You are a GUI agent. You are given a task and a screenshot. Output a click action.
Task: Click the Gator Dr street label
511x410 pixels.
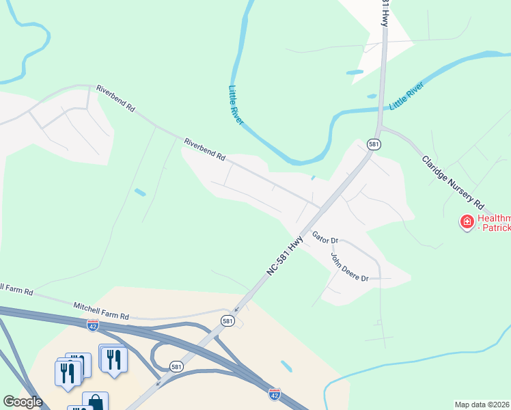[x=325, y=238]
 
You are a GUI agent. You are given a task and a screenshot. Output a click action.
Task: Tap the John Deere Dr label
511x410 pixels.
[x=349, y=267]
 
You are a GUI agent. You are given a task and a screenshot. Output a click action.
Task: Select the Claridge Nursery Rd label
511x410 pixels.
[x=452, y=182]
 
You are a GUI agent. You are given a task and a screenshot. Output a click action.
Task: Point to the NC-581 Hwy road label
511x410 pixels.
[x=285, y=254]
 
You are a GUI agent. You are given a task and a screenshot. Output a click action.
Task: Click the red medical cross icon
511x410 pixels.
[x=467, y=221]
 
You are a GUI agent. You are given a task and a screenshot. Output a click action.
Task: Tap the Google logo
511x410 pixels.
[x=23, y=402]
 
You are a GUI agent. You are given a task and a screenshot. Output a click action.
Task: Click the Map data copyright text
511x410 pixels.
[x=482, y=405]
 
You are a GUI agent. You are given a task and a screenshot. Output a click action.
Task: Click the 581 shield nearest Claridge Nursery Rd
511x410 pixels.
[x=374, y=144]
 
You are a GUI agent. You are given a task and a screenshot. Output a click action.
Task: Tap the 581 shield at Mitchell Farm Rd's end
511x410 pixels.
[x=228, y=320]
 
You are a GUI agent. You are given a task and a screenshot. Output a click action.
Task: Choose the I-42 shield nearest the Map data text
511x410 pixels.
[x=275, y=394]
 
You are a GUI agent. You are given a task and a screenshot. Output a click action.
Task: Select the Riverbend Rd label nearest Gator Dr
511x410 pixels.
[x=204, y=148]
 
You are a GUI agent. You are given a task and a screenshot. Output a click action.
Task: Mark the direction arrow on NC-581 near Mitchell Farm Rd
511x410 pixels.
[x=236, y=308]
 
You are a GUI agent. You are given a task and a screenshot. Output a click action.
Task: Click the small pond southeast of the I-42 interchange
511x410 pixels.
[x=287, y=366]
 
